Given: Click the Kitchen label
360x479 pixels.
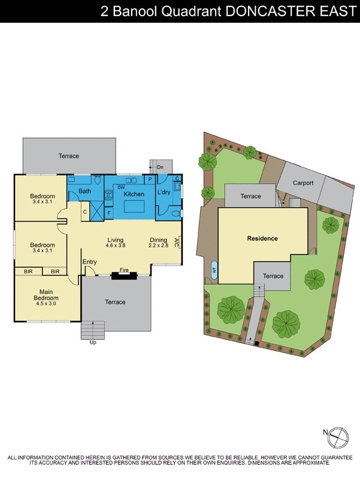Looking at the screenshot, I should [134, 194].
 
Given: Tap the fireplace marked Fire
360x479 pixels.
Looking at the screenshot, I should [125, 275].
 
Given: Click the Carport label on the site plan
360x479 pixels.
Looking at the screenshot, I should [303, 183].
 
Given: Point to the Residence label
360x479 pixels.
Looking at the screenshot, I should [262, 238].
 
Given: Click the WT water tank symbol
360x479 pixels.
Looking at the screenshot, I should [214, 270].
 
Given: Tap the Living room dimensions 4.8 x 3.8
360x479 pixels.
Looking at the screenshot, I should [114, 245].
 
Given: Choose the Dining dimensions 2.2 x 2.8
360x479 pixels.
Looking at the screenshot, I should [159, 245].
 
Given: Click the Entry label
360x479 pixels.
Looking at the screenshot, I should [90, 262].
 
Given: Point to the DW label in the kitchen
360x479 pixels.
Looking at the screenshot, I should [121, 187].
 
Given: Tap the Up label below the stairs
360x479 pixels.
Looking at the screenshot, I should [92, 342].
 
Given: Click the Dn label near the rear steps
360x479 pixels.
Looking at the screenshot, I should [161, 166].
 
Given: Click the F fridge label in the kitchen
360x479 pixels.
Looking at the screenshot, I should [109, 212].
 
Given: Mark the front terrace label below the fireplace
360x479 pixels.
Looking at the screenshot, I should [115, 302].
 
